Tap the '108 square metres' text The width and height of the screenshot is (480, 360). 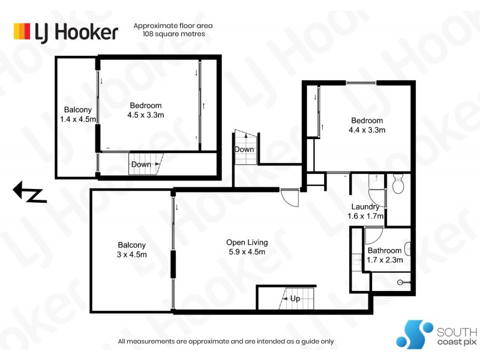point(174,34)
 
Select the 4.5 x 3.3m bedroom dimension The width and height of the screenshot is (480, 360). point(146,115)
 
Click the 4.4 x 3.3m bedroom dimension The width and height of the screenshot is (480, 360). point(367,130)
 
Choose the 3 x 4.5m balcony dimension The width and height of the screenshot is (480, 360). point(131,254)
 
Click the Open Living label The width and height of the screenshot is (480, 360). point(247,242)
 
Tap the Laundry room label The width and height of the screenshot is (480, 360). point(365,208)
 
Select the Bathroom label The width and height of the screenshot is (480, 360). point(385,251)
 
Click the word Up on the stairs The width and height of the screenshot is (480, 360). point(295,298)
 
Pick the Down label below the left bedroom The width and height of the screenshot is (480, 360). point(141,164)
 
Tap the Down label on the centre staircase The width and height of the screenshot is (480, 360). point(244,149)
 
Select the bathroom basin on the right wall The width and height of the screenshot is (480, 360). point(408,247)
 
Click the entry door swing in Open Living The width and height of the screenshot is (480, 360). point(290,197)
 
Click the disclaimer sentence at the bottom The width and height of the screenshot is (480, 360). point(226,341)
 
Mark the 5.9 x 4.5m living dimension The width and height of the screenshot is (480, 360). point(247,252)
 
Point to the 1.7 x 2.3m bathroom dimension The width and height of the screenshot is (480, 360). point(385,260)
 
